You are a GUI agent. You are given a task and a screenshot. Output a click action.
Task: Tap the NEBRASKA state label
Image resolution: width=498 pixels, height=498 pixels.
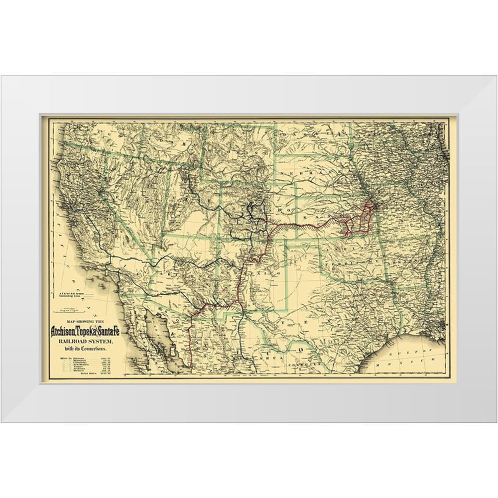(299, 173)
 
